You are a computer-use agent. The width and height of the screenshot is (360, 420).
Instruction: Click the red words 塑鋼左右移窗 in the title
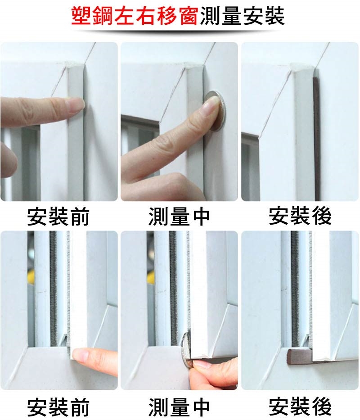(x=135, y=16)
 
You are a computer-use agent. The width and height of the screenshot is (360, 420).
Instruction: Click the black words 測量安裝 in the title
(x=242, y=16)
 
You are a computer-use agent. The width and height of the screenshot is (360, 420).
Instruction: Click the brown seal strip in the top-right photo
(x=317, y=139)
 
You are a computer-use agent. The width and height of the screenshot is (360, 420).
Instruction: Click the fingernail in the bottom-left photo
(x=81, y=356)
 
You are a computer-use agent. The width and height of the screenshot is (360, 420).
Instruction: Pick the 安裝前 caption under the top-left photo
(x=58, y=217)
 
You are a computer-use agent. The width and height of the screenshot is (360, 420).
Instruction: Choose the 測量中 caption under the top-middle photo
(x=179, y=217)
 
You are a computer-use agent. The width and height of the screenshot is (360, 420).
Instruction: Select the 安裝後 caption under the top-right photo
(x=300, y=216)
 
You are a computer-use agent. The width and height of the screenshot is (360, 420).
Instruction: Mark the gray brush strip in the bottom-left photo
(x=53, y=288)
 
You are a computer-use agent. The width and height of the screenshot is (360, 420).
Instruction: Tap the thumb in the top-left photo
(x=8, y=160)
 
